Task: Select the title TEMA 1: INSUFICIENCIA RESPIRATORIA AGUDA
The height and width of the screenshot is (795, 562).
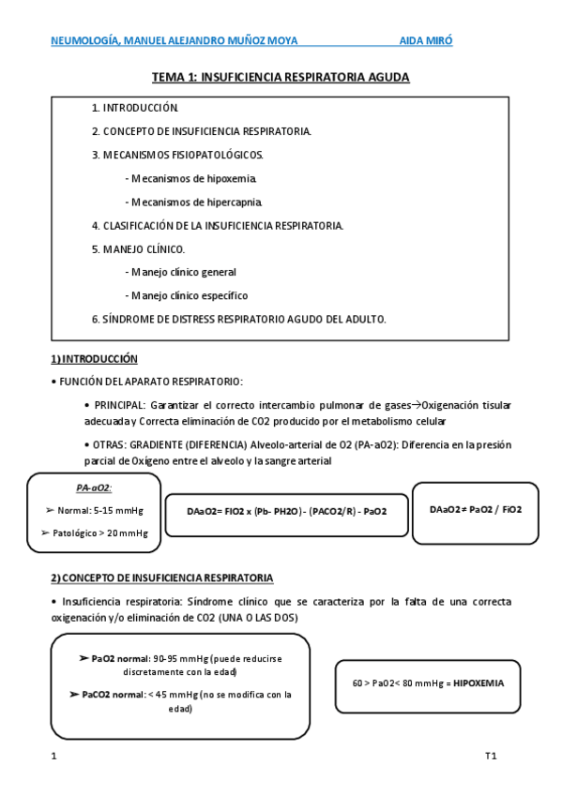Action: pyautogui.click(x=281, y=77)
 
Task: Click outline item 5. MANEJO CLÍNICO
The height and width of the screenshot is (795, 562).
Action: pyautogui.click(x=138, y=248)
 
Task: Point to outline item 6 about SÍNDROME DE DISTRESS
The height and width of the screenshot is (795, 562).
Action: pyautogui.click(x=238, y=319)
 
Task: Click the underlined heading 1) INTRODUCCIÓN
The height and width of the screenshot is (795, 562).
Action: pyautogui.click(x=94, y=359)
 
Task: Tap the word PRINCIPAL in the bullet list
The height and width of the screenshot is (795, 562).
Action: pyautogui.click(x=118, y=405)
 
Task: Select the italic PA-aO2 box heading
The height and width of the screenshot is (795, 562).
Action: pyautogui.click(x=94, y=487)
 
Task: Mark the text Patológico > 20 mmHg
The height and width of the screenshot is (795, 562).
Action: pyautogui.click(x=97, y=532)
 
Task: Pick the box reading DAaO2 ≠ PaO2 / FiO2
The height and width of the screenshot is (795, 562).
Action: pyautogui.click(x=476, y=509)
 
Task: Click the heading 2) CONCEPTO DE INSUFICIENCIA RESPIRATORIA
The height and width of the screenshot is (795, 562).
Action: pyautogui.click(x=161, y=577)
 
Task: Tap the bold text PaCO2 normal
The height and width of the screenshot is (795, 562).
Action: pyautogui.click(x=105, y=695)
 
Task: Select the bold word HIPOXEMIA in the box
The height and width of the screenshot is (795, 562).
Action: pyautogui.click(x=478, y=683)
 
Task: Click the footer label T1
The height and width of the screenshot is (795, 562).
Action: pyautogui.click(x=490, y=756)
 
